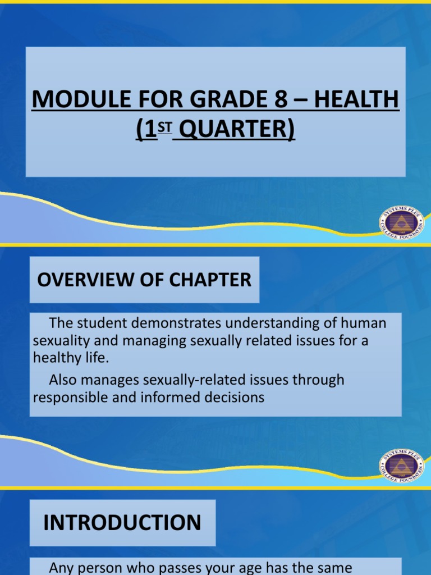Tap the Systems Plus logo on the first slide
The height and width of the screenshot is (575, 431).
401,224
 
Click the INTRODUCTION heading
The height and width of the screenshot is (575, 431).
122,523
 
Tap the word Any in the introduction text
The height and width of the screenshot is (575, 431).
62,568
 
